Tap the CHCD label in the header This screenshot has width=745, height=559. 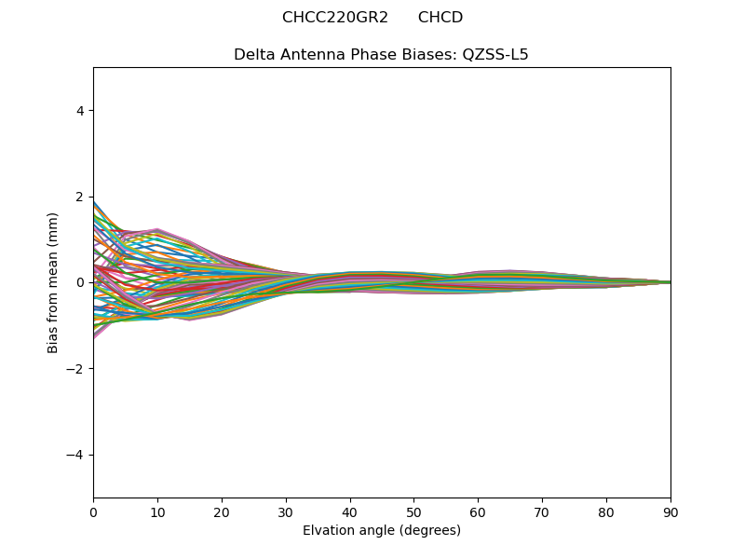pos(440,18)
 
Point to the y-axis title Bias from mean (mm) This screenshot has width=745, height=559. pos(53,282)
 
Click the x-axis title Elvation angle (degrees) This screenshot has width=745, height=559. pos(382,530)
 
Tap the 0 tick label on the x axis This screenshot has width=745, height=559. pos(93,511)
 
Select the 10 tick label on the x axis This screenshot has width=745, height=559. pos(157,511)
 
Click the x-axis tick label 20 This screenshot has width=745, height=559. pos(222,511)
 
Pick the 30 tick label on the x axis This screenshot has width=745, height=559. pos(286,511)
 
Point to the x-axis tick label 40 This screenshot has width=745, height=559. pos(350,511)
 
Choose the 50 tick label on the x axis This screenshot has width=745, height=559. pos(413,511)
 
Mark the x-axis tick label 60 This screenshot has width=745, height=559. pos(478,511)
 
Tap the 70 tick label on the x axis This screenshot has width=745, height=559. pos(542,511)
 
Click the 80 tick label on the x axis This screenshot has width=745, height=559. pos(606,511)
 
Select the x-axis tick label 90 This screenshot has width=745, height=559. pos(670,511)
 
